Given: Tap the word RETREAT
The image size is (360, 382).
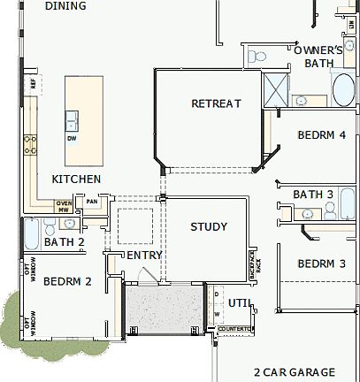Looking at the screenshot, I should coord(216,104).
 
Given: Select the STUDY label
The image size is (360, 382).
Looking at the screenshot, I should coord(209,227).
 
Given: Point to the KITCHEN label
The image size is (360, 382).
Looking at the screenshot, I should coord(76,180).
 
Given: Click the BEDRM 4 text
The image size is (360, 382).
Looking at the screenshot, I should coord(321,135).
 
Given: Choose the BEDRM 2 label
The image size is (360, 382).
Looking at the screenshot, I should coord(68,282).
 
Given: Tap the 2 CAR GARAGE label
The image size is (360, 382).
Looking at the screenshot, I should coord(294,372).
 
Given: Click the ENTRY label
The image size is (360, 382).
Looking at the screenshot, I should coord(145,256).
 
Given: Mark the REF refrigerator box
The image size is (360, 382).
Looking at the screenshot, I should coord(34,85).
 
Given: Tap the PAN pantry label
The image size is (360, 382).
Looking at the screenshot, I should coord(91,202).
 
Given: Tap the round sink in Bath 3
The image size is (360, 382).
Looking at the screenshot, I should coord(309,212).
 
